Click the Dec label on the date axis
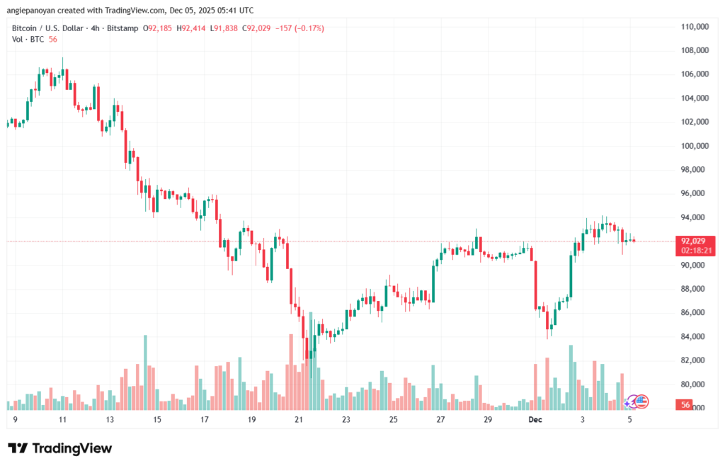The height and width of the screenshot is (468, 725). (x=536, y=420)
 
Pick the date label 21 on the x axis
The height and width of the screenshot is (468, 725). (x=299, y=420)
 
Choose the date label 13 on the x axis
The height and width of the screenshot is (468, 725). (x=110, y=420)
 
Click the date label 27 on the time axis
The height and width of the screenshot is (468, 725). (x=440, y=420)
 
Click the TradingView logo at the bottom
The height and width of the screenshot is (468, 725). (x=59, y=448)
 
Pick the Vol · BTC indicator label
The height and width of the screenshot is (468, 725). (x=26, y=40)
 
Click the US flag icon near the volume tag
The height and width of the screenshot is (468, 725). (x=641, y=401)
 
